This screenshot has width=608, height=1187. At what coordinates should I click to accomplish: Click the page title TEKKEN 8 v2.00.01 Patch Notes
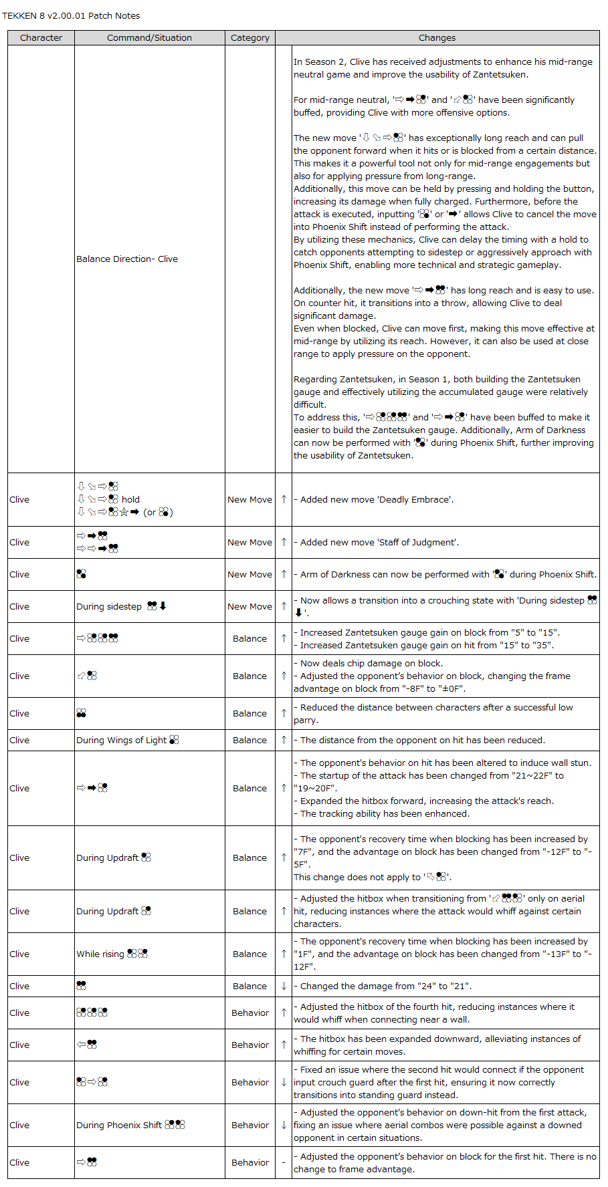[71, 16]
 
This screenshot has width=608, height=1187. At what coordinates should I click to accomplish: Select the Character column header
[41, 38]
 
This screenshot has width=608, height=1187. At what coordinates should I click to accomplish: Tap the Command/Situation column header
[149, 38]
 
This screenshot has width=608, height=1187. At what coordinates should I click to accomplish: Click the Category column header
[250, 38]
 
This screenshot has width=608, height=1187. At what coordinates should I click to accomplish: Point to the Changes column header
[437, 38]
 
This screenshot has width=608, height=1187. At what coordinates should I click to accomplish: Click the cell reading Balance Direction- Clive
[127, 259]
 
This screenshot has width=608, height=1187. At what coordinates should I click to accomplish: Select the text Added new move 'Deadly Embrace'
[377, 500]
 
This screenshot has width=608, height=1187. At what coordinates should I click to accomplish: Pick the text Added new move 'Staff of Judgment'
[379, 543]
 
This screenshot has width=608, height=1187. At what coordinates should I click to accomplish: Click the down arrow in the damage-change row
[284, 986]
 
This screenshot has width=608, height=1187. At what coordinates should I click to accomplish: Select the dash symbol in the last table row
[284, 1163]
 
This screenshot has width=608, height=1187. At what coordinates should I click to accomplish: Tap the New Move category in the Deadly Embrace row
[250, 500]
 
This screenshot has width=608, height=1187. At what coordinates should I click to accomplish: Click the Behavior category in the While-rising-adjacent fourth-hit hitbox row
[250, 1013]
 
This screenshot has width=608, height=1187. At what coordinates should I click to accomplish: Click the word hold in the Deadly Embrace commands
[130, 500]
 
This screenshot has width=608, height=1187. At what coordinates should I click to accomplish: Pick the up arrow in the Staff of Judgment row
[284, 543]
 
